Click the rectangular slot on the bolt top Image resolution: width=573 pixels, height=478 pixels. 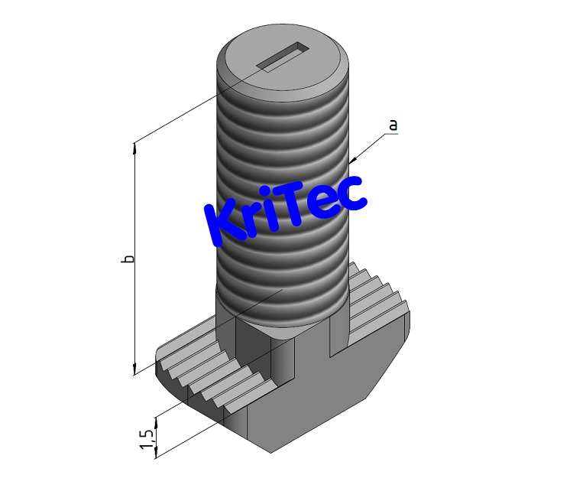pyautogui.click(x=283, y=58)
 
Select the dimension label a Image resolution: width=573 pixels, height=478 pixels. pyautogui.click(x=393, y=125)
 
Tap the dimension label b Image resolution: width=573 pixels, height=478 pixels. pyautogui.click(x=129, y=259)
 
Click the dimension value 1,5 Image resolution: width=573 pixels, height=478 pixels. pyautogui.click(x=145, y=438)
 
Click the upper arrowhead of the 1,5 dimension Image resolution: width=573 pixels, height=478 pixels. pyautogui.click(x=156, y=420)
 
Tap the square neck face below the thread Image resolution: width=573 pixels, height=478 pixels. pyautogui.click(x=252, y=337)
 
